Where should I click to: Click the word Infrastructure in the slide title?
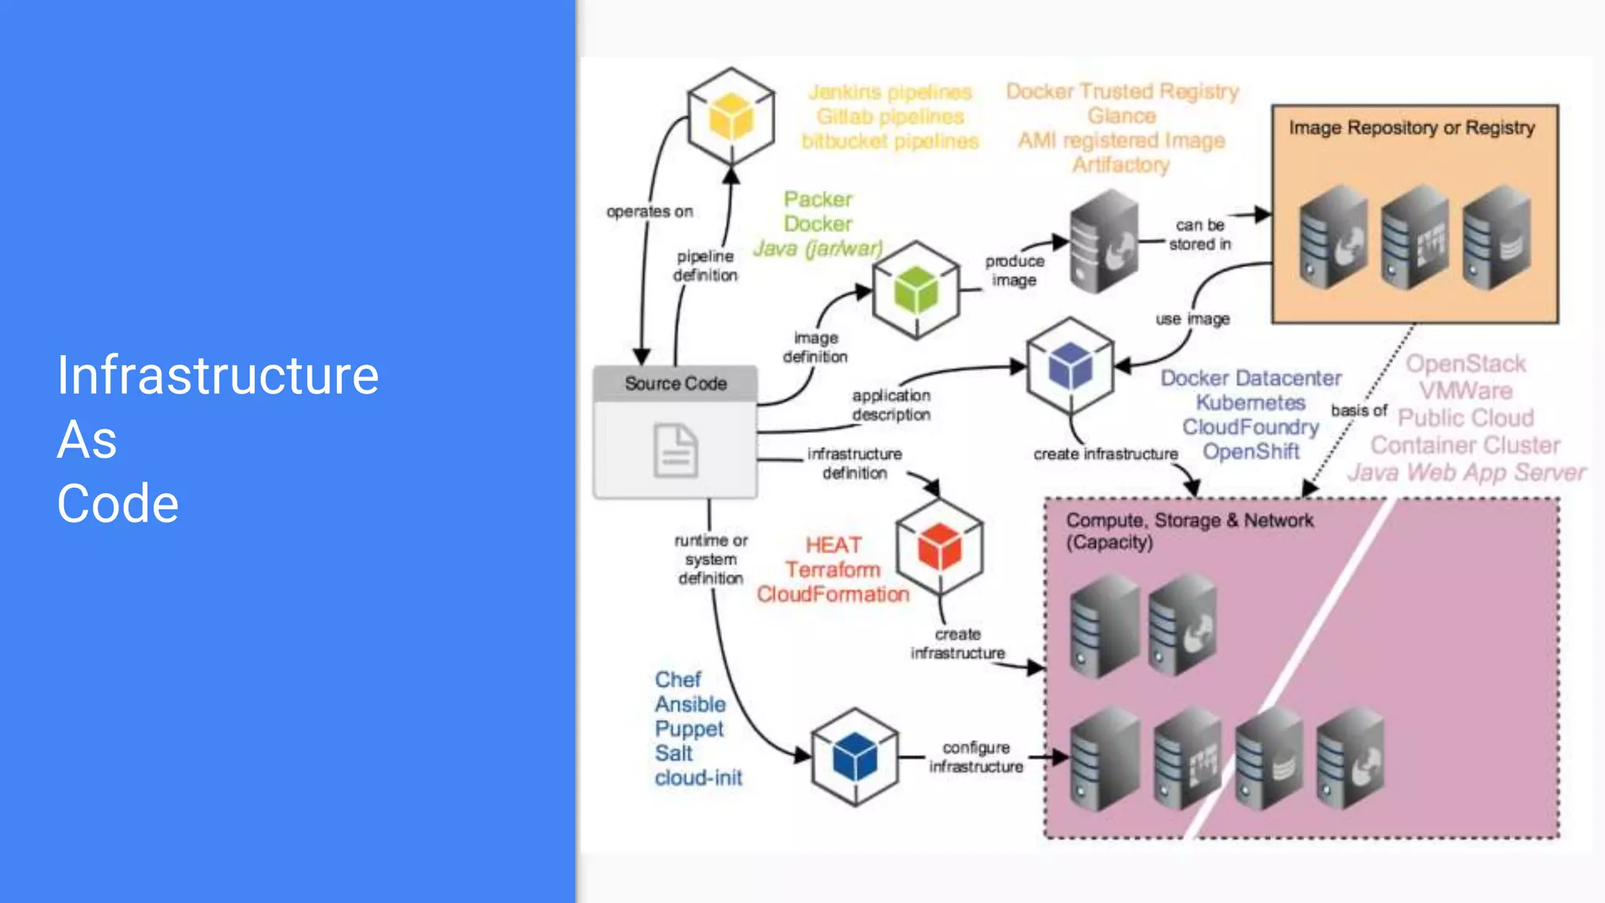pos(218,376)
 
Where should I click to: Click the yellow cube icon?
pos(730,118)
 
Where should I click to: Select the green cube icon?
pos(915,290)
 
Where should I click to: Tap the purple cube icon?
pos(1070,366)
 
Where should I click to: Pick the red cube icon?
pos(939,546)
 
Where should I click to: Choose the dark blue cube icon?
pos(854,756)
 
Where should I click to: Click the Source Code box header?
pos(676,383)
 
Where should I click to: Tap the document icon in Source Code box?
pos(676,451)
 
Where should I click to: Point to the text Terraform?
pos(833,570)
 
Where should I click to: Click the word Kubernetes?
pos(1251,403)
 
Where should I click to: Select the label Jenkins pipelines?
pos(890,92)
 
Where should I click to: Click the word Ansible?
pos(690,704)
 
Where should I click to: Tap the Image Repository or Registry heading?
pos(1411,128)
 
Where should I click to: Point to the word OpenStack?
pos(1466,364)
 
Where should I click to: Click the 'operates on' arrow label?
pos(650,212)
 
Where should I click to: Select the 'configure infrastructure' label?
pos(976,757)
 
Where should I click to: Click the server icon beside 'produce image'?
pos(1104,241)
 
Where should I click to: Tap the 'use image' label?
pos(1192,319)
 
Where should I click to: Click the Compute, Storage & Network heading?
pos(1189,520)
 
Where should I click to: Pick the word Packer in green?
pos(818,199)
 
